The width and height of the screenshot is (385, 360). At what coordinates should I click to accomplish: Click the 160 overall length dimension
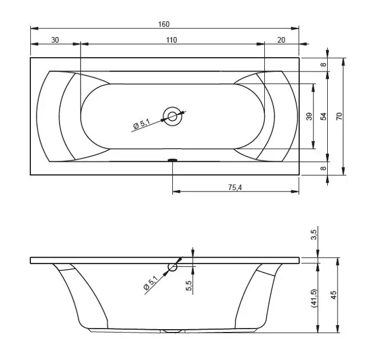point(164,24)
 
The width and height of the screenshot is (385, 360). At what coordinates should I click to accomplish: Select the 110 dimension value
point(172,40)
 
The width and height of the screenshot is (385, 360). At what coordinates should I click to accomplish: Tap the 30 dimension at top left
point(55,40)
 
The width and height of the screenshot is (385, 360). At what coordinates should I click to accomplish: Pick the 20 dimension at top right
point(281,40)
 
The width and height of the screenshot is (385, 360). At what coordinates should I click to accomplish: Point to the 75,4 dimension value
point(235,187)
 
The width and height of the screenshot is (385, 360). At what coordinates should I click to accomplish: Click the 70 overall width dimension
point(339,116)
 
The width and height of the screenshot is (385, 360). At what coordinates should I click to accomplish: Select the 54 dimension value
point(324,116)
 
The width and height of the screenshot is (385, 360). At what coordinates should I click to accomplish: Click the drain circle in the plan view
point(172,117)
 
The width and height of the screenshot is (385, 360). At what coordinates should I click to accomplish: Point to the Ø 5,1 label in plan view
point(142,124)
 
